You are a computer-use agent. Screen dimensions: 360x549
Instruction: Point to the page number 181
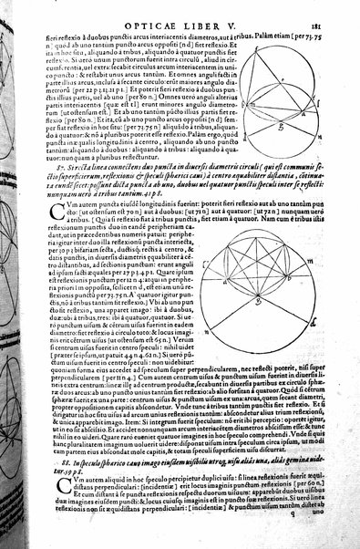click(x=333, y=13)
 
